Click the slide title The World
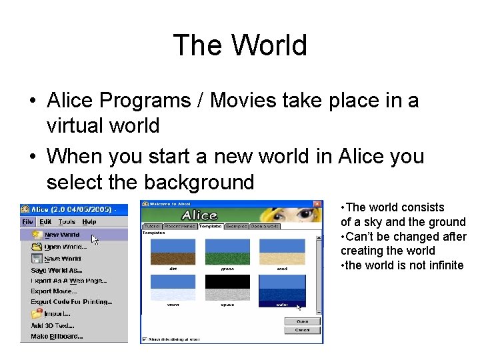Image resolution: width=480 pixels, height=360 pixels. click(x=240, y=45)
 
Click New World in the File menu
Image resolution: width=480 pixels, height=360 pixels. click(x=61, y=235)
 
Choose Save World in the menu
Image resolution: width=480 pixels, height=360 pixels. click(x=62, y=259)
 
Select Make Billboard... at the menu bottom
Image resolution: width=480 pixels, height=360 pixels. click(x=57, y=337)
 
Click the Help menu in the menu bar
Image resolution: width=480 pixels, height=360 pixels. click(x=89, y=222)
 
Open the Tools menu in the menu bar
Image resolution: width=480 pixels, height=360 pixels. click(x=67, y=222)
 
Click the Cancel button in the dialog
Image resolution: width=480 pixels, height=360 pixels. click(x=302, y=330)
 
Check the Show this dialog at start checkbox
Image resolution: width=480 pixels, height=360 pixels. click(x=144, y=339)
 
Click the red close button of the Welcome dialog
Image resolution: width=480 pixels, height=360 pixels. click(x=318, y=203)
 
